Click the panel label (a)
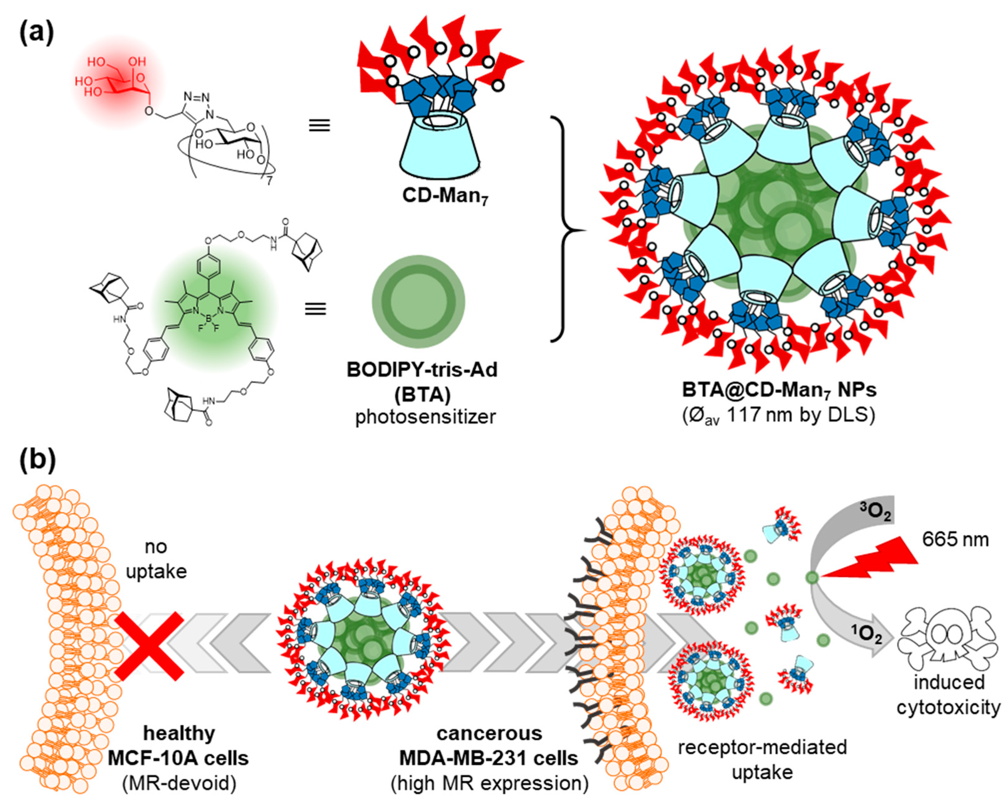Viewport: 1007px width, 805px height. (36, 33)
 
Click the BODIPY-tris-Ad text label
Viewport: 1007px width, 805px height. (422, 370)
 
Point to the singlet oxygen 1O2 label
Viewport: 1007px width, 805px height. (866, 635)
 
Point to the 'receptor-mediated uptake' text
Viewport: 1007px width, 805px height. (762, 760)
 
